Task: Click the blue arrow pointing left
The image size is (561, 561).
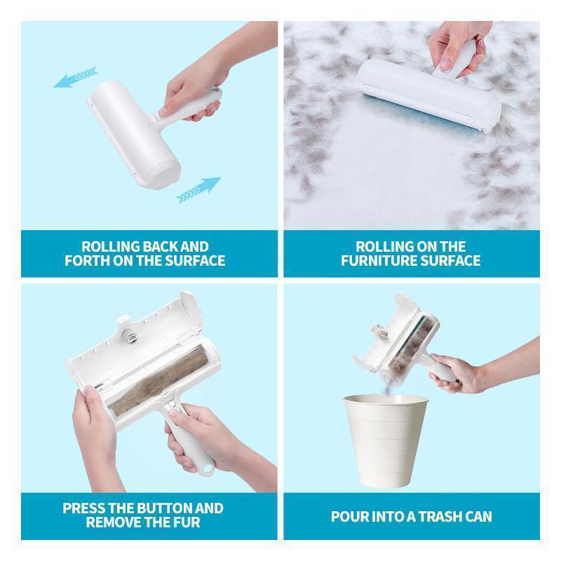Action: pos(75,77)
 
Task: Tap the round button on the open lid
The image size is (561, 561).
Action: pos(128,337)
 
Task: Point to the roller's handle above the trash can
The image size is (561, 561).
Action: pos(442,370)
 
